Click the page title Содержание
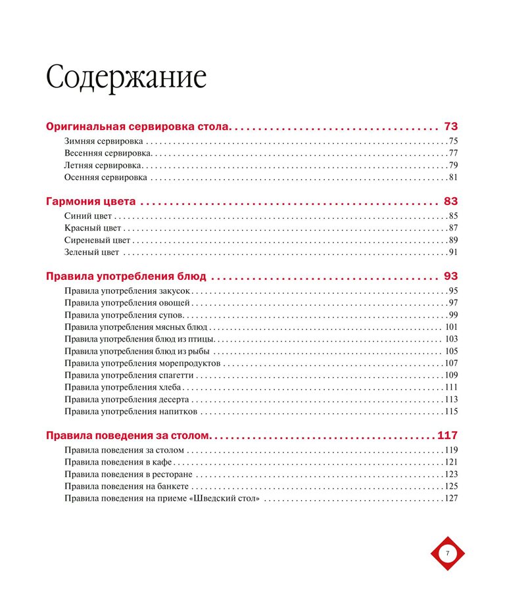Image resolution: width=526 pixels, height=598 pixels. click(126, 78)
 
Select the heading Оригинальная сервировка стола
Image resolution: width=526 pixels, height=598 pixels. click(137, 127)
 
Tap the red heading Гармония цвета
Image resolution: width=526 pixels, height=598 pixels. click(91, 202)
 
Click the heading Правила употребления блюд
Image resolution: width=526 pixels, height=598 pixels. click(126, 277)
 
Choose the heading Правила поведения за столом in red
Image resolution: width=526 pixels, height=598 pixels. click(128, 436)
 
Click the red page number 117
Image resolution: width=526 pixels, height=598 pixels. click(447, 436)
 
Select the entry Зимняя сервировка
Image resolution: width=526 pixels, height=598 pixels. click(104, 141)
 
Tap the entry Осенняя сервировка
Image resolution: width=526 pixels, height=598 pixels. click(105, 177)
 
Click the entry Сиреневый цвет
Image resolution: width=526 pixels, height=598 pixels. click(97, 241)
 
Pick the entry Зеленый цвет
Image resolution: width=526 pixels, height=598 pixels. click(92, 252)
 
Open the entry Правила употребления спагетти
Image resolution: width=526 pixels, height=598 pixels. click(129, 375)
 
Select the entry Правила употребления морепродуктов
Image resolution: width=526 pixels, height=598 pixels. click(143, 363)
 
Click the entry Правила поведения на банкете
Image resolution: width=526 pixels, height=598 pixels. click(126, 486)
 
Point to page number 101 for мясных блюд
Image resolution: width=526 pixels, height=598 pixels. click(451, 327)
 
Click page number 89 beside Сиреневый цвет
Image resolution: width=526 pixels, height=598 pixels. click(453, 241)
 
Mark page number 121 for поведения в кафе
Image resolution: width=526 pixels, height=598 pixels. click(451, 463)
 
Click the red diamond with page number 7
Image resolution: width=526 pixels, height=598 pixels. click(448, 553)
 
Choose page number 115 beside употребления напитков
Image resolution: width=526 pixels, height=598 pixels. click(451, 412)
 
